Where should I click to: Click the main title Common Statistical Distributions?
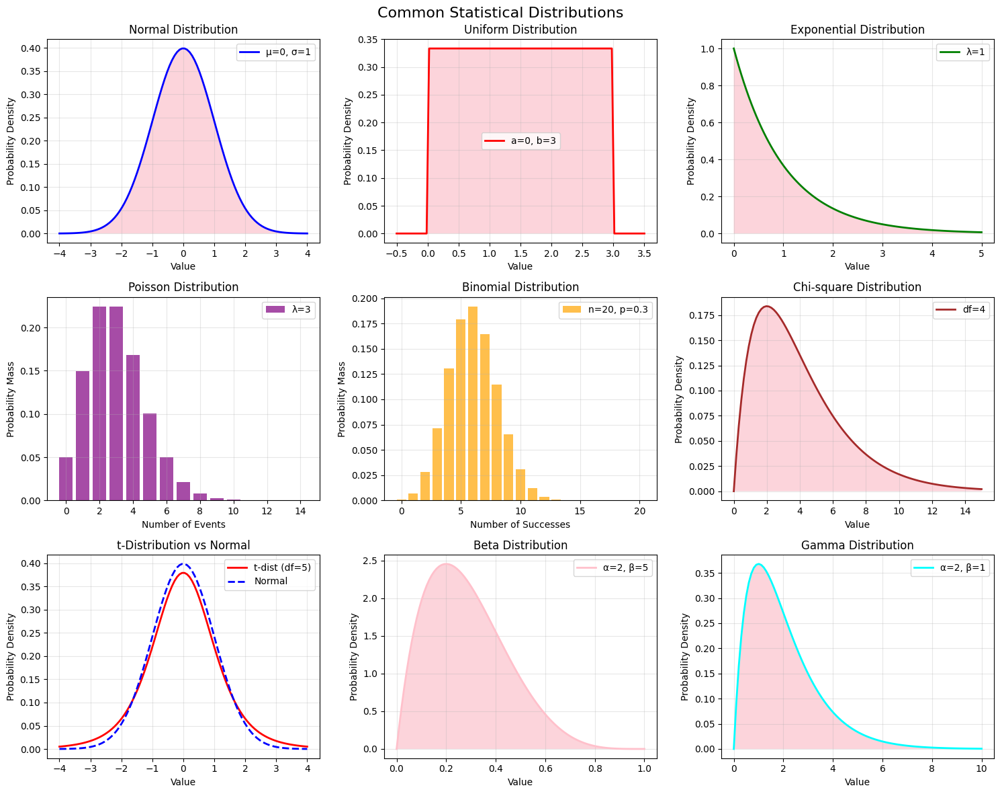(x=500, y=13)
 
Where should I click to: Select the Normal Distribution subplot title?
(x=183, y=30)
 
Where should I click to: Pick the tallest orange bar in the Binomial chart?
(x=473, y=403)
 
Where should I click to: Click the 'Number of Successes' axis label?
(x=520, y=524)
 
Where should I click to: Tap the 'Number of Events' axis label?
(x=183, y=524)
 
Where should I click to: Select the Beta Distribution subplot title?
(x=520, y=545)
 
